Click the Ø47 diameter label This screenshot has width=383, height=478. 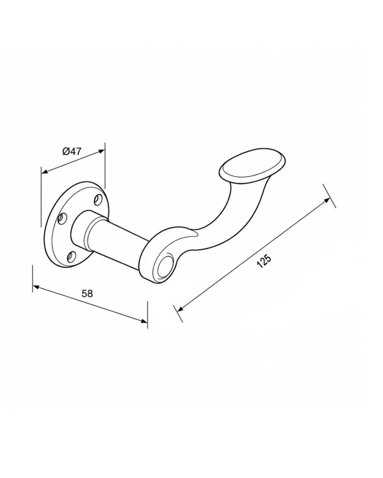coord(72,151)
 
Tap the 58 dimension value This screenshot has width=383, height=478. coord(87,293)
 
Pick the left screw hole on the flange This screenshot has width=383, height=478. coord(62,218)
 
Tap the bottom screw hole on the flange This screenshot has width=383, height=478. coord(72,257)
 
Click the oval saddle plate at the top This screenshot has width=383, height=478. coord(252,166)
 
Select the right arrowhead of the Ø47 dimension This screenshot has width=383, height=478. coord(101,151)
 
